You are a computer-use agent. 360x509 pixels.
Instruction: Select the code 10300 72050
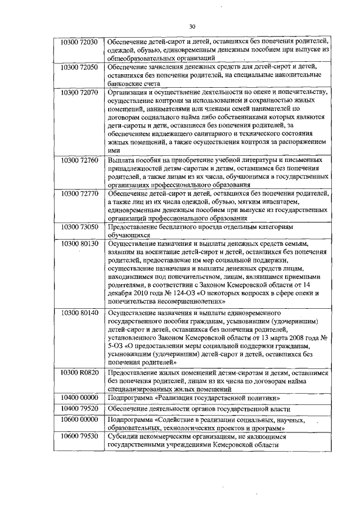coord(79,66)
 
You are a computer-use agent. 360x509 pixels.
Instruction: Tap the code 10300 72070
coord(79,91)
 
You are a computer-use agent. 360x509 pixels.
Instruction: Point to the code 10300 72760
coord(79,160)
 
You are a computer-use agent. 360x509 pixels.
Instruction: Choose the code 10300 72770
coord(79,193)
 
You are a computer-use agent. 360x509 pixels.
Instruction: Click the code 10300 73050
coord(79,226)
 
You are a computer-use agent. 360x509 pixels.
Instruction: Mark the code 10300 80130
coord(79,243)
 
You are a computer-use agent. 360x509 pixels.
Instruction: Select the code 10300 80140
coord(79,312)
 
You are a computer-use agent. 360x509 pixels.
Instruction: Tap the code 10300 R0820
coord(79,372)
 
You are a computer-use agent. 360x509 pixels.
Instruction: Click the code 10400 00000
coord(79,397)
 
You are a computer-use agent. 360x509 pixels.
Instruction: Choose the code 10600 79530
coord(79,436)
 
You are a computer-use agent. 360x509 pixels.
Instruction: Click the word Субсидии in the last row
coord(123,436)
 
